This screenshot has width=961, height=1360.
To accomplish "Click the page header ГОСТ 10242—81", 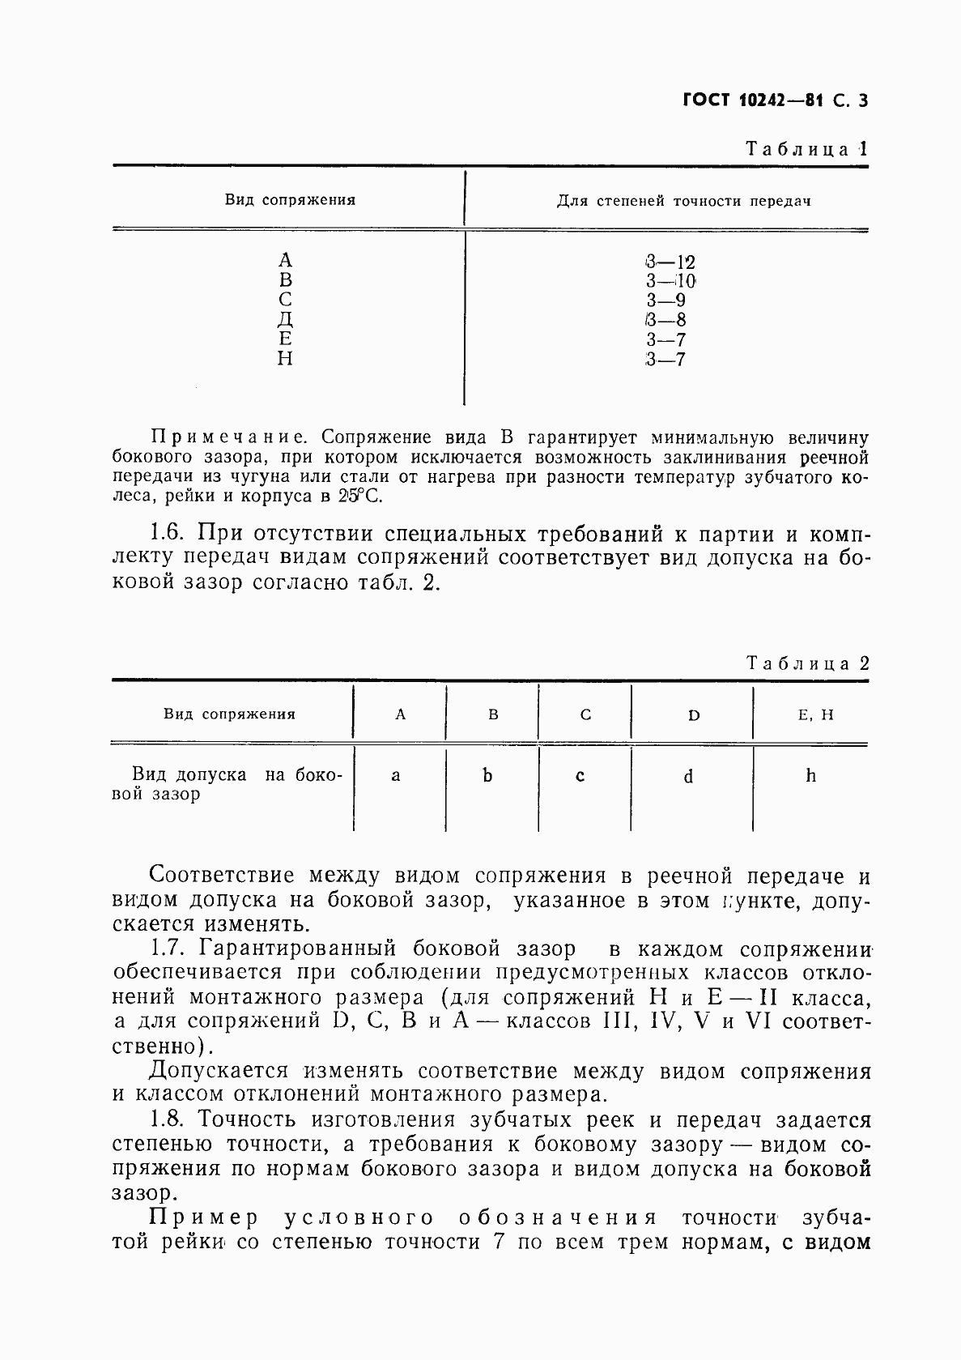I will [x=752, y=101].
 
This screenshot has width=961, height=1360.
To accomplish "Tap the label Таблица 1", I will [x=806, y=149].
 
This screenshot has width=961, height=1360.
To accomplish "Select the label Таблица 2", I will [x=807, y=663].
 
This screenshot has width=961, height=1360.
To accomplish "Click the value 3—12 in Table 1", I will [x=670, y=262].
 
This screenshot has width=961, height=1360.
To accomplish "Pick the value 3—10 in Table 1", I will [x=670, y=281].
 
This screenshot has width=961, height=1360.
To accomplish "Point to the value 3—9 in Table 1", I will [x=665, y=301].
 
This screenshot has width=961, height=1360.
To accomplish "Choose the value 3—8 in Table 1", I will [x=665, y=320].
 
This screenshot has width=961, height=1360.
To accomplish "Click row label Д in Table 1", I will [x=285, y=320].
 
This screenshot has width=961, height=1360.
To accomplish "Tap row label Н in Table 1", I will [x=285, y=359].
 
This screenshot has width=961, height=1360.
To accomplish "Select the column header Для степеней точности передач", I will [x=683, y=201].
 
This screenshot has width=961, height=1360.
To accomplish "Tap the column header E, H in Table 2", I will [x=810, y=714].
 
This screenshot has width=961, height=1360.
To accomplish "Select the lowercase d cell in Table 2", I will [x=688, y=777].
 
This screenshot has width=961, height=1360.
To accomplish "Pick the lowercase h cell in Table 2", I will [x=810, y=776].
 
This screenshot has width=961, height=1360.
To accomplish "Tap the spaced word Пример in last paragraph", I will [x=205, y=1217].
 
